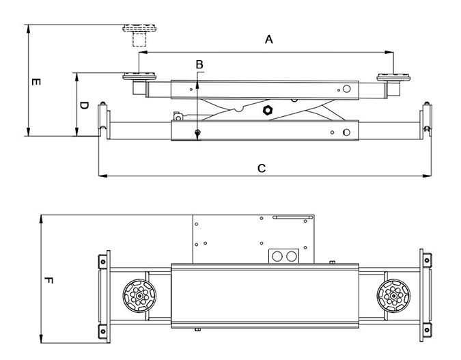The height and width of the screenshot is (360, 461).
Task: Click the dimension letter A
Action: pyautogui.click(x=269, y=40)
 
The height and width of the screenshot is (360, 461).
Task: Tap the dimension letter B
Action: pyautogui.click(x=199, y=65)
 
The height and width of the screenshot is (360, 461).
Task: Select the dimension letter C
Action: pyautogui.click(x=262, y=167)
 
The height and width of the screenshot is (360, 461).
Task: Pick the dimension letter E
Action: pyautogui.click(x=36, y=82)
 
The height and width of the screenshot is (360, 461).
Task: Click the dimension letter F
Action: pyautogui.click(x=48, y=280)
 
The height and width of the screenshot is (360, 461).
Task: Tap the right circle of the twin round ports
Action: pyautogui.click(x=292, y=255)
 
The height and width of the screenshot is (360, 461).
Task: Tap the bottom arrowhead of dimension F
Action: pyautogui.click(x=42, y=340)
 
